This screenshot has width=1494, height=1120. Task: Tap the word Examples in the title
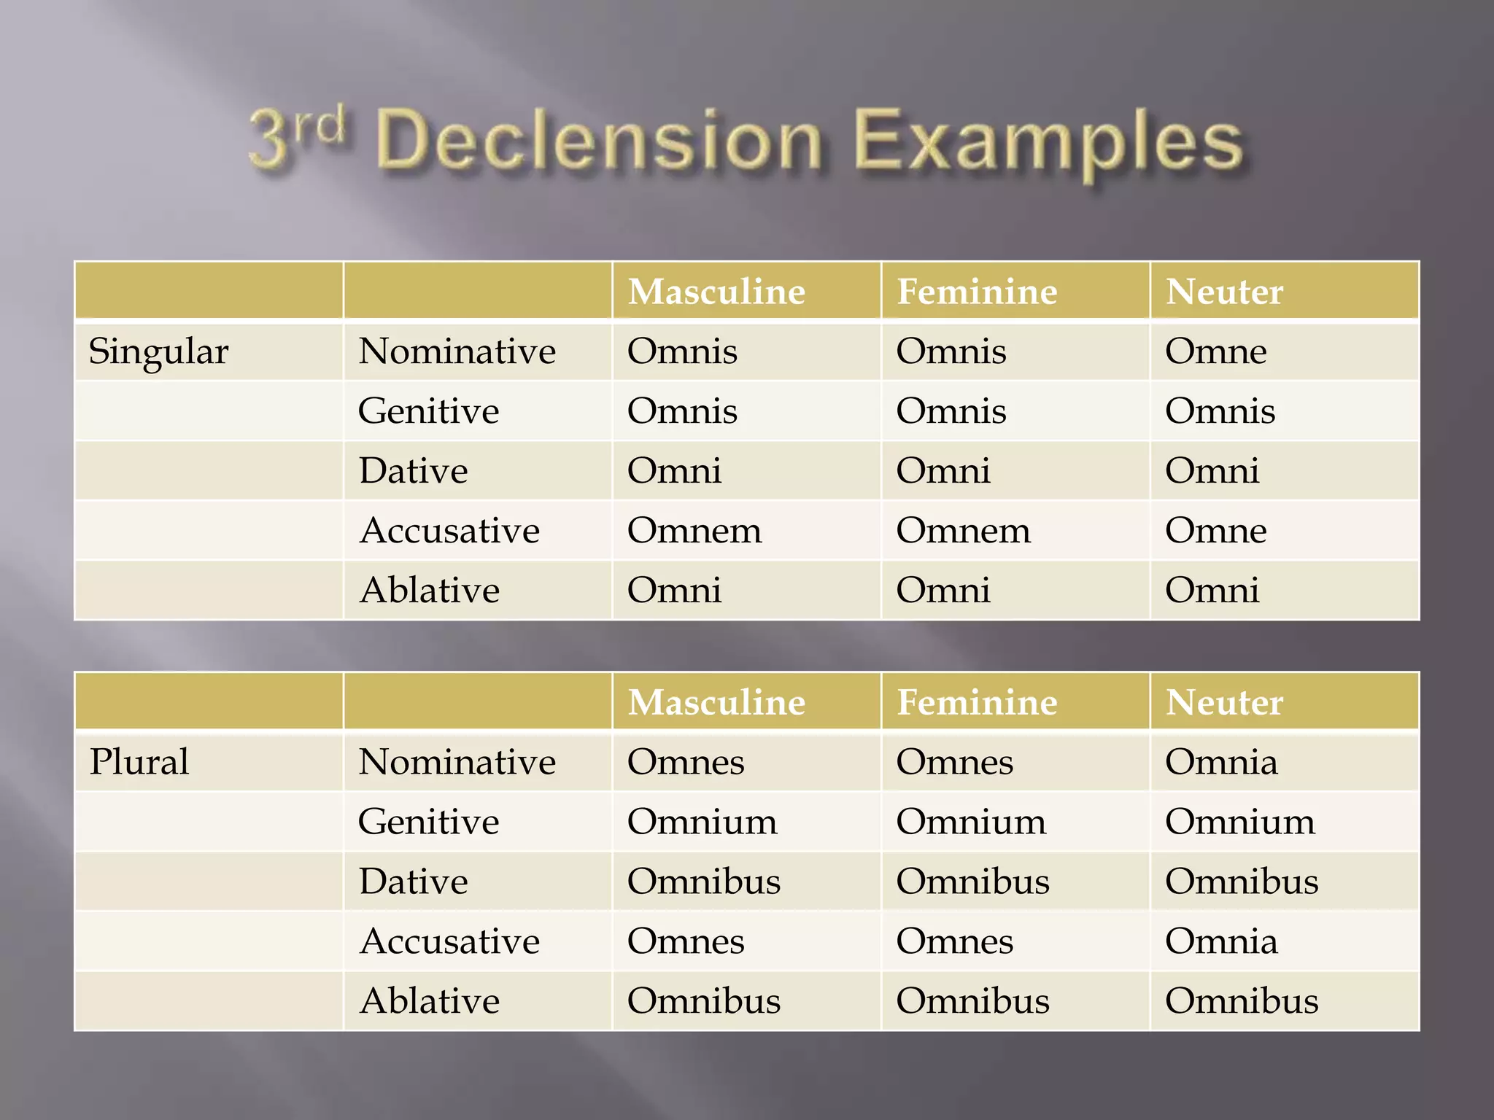1048,142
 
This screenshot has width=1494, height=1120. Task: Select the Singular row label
158,351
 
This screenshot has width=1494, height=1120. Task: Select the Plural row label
139,762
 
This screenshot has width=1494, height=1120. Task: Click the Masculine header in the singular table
716,292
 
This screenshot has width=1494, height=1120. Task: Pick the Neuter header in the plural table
1224,702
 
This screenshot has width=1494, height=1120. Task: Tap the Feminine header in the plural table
977,702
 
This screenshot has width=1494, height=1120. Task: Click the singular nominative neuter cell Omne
1215,351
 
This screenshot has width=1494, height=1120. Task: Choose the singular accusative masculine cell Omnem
694,530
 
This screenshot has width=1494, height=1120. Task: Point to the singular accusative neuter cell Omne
1215,530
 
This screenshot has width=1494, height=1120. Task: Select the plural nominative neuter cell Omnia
1221,762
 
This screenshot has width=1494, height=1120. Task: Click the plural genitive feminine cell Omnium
971,822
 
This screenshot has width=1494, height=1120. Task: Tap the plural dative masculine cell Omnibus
704,882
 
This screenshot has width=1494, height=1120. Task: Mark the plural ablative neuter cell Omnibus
1242,1000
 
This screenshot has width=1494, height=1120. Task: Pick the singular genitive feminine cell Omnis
951,411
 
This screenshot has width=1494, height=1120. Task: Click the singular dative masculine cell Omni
674,471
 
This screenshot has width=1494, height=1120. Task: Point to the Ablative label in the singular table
430,590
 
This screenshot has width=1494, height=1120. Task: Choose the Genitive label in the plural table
429,822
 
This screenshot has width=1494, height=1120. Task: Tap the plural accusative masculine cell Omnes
686,941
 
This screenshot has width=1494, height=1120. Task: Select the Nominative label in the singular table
457,351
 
